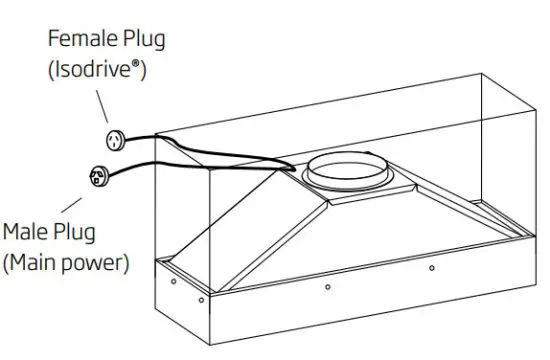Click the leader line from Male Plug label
coord(69,205)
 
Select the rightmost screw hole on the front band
coord(431,269)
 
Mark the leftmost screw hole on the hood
coord(174,283)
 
